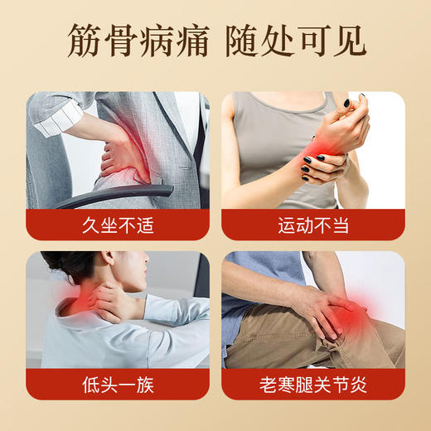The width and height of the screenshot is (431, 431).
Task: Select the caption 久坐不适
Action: [x=118, y=225]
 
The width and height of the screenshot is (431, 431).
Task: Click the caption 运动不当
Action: [x=314, y=225]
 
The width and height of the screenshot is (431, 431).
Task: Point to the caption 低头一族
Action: [x=118, y=385]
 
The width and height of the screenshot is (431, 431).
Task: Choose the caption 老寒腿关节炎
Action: [x=314, y=385]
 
